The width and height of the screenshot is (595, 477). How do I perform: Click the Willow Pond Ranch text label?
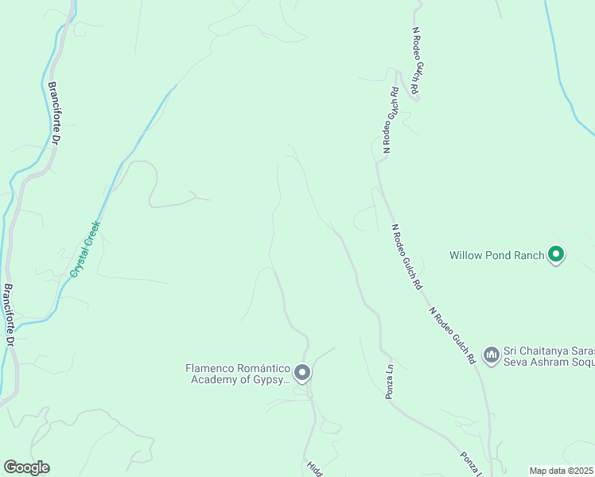(496, 255)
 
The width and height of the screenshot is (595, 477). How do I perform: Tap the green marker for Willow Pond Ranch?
(556, 254)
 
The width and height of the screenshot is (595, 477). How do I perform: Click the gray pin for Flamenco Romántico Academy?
(301, 372)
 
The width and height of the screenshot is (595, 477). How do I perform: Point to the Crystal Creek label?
(84, 247)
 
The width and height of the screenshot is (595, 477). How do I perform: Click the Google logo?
(26, 467)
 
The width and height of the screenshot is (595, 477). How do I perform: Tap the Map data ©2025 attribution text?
(562, 471)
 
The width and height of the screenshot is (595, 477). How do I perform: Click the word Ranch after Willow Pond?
(527, 255)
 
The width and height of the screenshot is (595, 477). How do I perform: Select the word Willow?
(466, 255)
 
